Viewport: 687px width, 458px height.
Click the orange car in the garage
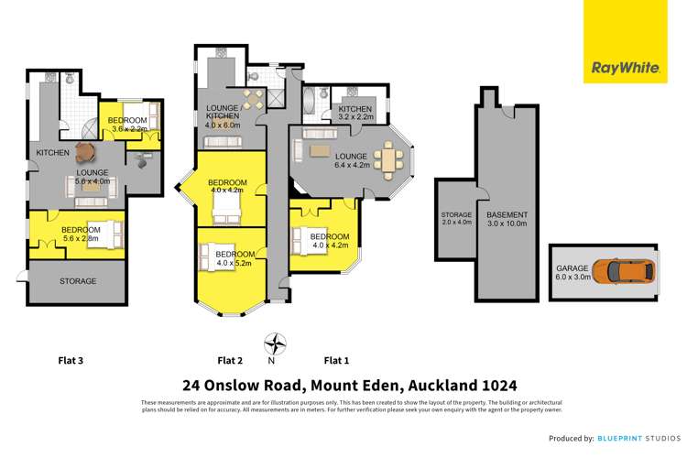click(x=623, y=270)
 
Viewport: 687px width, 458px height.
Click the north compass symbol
click(x=272, y=345)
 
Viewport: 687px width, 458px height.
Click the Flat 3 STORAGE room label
click(x=78, y=281)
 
